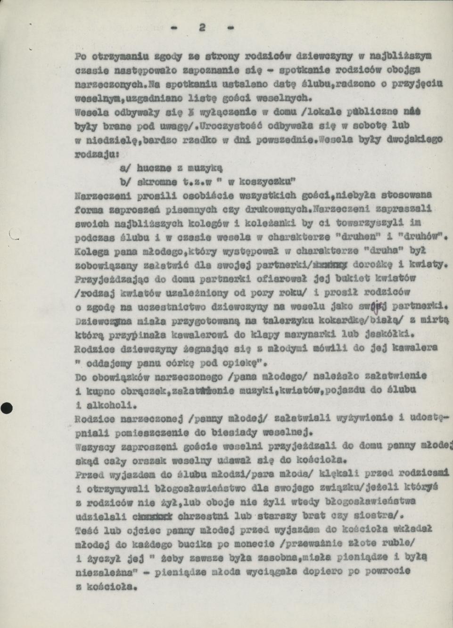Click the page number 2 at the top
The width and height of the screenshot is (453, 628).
pyautogui.click(x=202, y=28)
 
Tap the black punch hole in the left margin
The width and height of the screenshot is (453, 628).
pyautogui.click(x=6, y=408)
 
